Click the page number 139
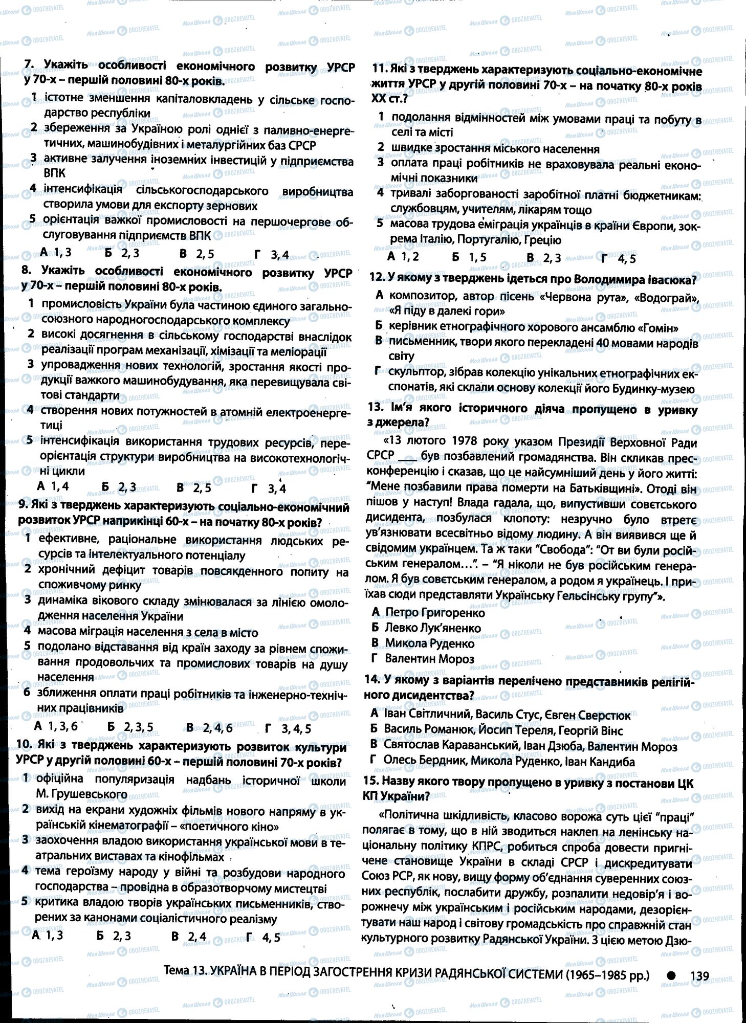tap(699, 976)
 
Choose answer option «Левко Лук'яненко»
tap(426, 628)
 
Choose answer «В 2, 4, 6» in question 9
tap(209, 727)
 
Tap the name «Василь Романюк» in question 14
tap(420, 730)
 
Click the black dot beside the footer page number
tap(672, 975)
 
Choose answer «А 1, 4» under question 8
tap(52, 486)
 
